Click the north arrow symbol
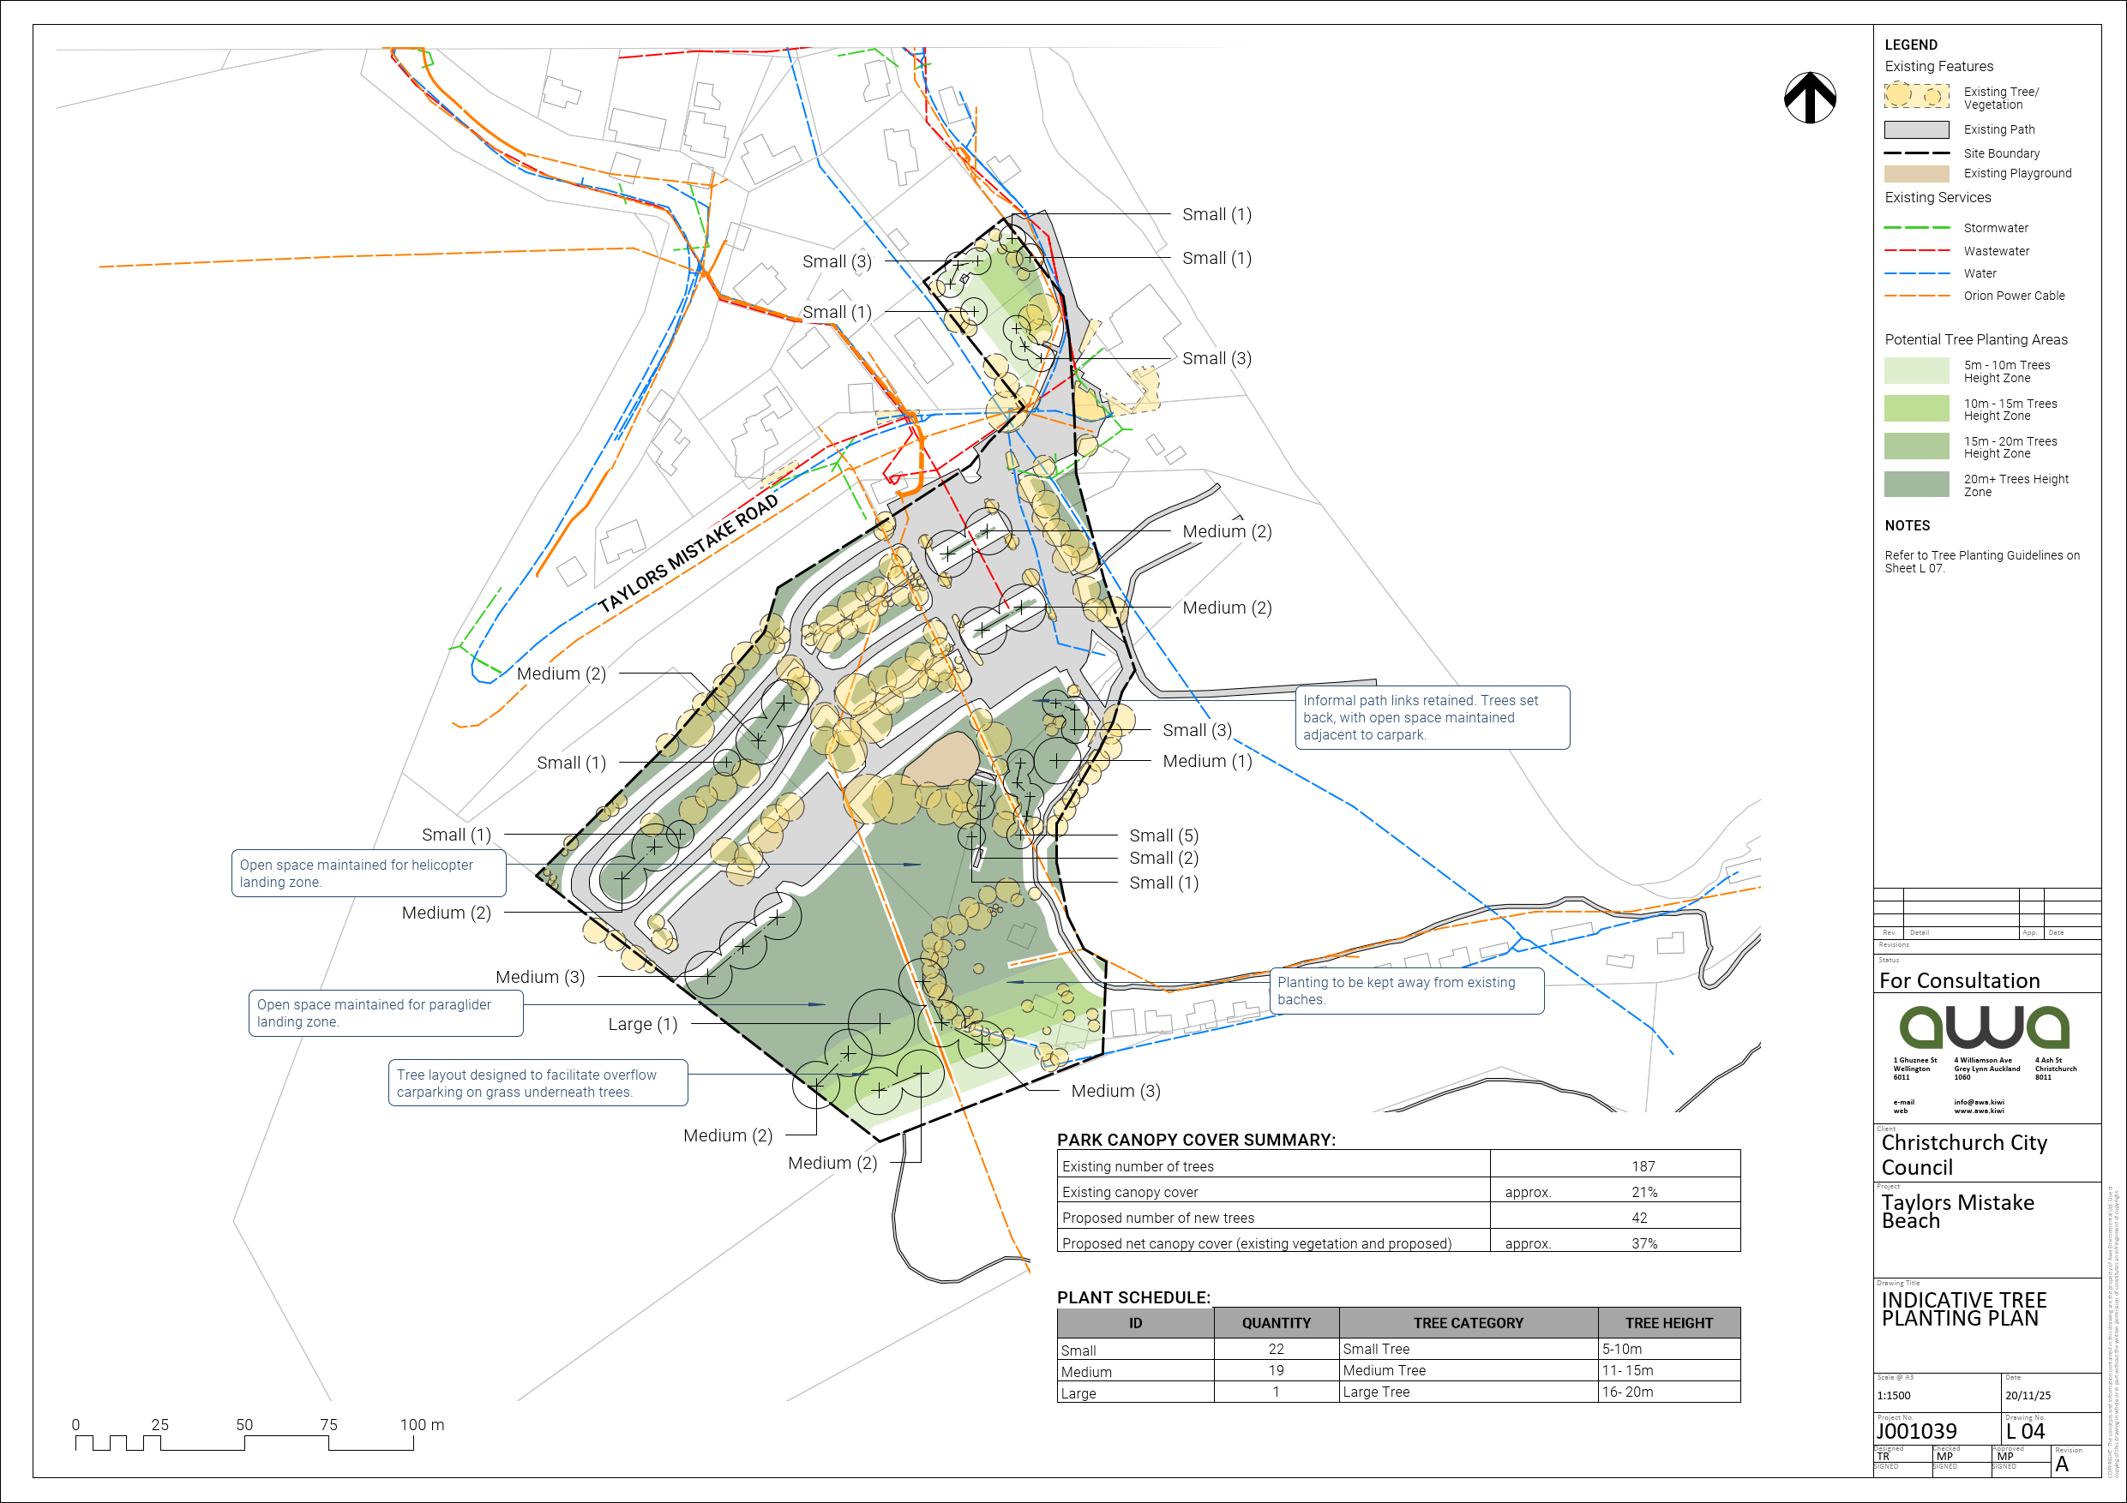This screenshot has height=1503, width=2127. pyautogui.click(x=1809, y=97)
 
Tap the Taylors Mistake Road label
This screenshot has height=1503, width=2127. pyautogui.click(x=688, y=554)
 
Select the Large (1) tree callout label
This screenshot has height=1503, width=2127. pyautogui.click(x=642, y=1024)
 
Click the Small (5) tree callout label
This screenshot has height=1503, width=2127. pyautogui.click(x=1163, y=835)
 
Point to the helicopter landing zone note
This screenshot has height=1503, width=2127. pyautogui.click(x=368, y=873)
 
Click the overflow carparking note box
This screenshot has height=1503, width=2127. pyautogui.click(x=538, y=1083)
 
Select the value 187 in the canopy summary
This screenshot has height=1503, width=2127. pyautogui.click(x=1643, y=1166)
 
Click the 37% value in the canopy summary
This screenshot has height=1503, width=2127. pyautogui.click(x=1643, y=1243)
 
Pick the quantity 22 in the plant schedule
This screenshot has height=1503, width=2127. pyautogui.click(x=1276, y=1350)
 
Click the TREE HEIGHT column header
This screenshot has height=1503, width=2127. pyautogui.click(x=1668, y=1323)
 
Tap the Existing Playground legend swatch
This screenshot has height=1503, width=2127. pyautogui.click(x=1916, y=174)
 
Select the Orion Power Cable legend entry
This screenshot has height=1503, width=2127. pyautogui.click(x=2014, y=296)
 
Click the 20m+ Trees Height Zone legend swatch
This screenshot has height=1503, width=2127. pyautogui.click(x=1916, y=484)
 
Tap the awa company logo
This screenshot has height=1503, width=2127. pyautogui.click(x=1985, y=1027)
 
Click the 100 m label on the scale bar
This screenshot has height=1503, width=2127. pyautogui.click(x=422, y=1424)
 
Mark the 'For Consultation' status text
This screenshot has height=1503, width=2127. pyautogui.click(x=1959, y=980)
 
